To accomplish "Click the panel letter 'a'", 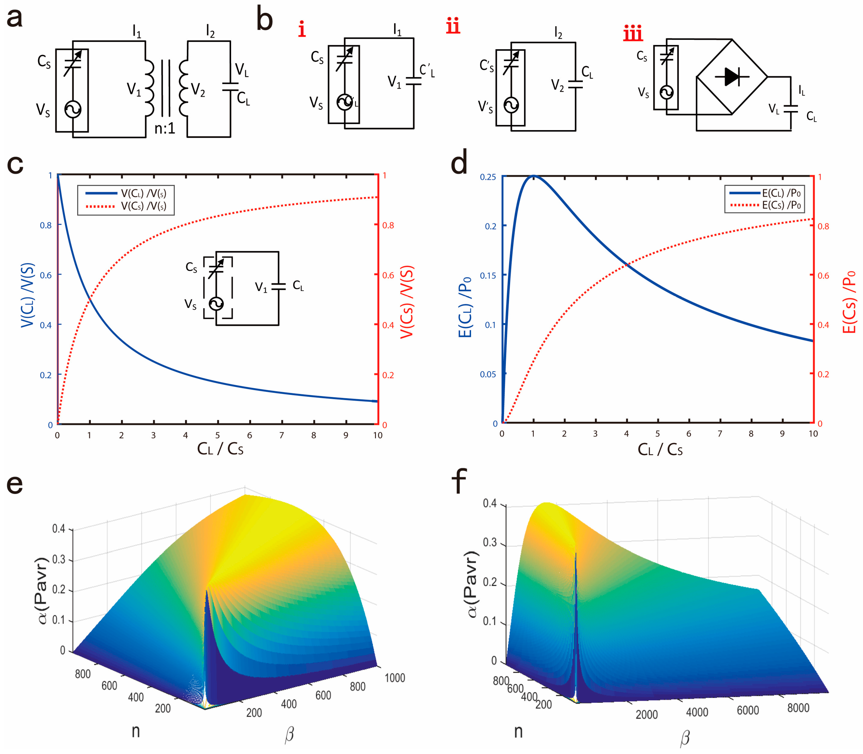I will click(x=15, y=19).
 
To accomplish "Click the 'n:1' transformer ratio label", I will click(x=164, y=128).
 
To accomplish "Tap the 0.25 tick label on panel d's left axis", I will click(x=488, y=177).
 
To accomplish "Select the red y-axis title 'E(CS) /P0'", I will click(x=849, y=302).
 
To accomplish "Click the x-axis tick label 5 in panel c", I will click(x=218, y=435).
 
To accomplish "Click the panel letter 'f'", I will click(x=459, y=482).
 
